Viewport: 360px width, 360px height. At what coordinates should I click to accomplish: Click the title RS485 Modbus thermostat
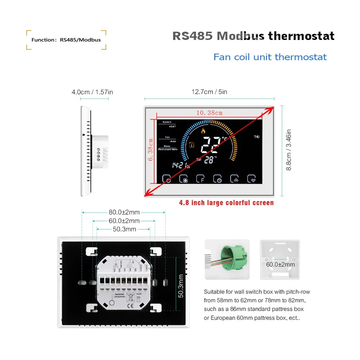click(253, 36)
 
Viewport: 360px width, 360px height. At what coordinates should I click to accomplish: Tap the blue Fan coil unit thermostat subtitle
click(270, 57)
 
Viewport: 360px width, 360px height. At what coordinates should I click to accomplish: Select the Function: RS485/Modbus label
click(66, 40)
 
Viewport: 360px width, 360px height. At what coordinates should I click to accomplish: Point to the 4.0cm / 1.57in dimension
click(92, 92)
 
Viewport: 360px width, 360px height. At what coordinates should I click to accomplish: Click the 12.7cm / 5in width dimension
click(209, 92)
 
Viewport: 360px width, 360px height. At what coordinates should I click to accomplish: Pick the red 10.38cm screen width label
click(209, 113)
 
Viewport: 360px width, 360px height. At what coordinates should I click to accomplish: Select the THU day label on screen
click(257, 137)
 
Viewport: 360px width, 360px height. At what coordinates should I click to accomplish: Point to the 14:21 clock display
click(180, 165)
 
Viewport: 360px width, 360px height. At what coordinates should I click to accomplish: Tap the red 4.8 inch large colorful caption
click(226, 203)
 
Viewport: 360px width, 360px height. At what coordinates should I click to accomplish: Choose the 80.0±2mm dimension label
click(124, 212)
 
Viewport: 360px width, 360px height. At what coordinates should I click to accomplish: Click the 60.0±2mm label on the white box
click(280, 265)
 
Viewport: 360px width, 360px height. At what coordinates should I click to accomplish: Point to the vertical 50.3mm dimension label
click(181, 286)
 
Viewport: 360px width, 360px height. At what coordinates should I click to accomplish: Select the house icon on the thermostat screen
click(192, 145)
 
